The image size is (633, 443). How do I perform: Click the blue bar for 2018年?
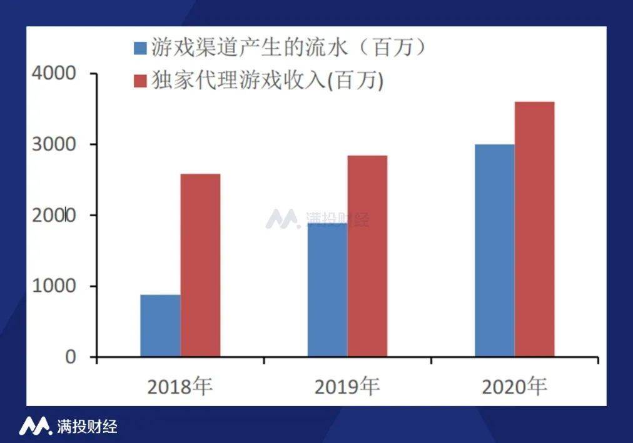pyautogui.click(x=160, y=326)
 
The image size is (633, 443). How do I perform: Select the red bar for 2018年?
pyautogui.click(x=200, y=266)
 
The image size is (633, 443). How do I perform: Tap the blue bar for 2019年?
pyautogui.click(x=327, y=290)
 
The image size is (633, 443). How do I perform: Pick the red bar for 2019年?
pyautogui.click(x=367, y=256)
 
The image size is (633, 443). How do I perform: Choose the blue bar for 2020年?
pyautogui.click(x=494, y=251)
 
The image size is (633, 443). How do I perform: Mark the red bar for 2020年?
pyautogui.click(x=534, y=229)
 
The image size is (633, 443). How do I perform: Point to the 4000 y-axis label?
pyautogui.click(x=53, y=74)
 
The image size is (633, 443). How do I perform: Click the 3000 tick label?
pyautogui.click(x=53, y=144)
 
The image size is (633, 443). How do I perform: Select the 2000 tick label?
pyautogui.click(x=53, y=216)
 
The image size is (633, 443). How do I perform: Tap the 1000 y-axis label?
pyautogui.click(x=53, y=286)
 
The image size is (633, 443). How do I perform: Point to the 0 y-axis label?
pyautogui.click(x=70, y=357)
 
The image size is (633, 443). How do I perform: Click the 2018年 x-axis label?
pyautogui.click(x=180, y=387)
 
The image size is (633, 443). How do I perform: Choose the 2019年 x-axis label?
pyautogui.click(x=347, y=387)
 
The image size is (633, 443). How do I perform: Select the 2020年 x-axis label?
pyautogui.click(x=514, y=387)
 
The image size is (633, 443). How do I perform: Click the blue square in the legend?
pyautogui.click(x=140, y=47)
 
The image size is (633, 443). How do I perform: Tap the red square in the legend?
pyautogui.click(x=140, y=81)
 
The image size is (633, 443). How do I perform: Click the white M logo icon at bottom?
pyautogui.click(x=34, y=426)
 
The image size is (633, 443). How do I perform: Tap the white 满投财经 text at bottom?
pyautogui.click(x=86, y=427)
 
